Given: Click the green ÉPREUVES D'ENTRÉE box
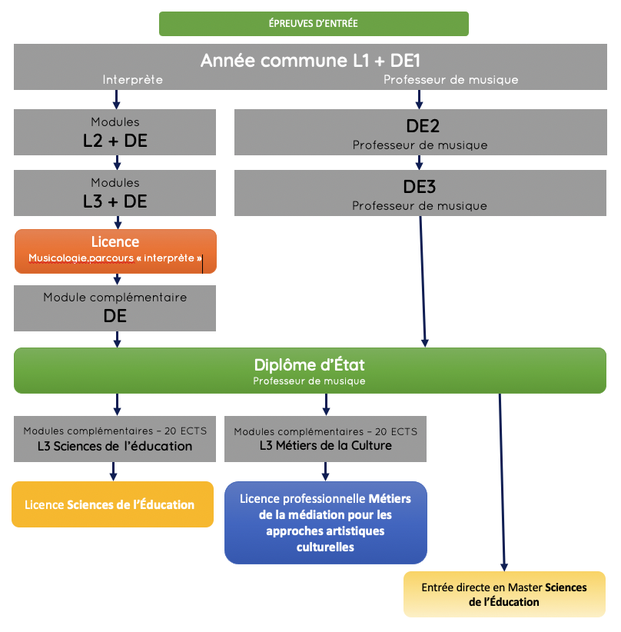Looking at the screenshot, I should click(x=314, y=23).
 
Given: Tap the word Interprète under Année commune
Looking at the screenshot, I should click(x=133, y=80).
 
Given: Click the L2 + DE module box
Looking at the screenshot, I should click(x=115, y=131).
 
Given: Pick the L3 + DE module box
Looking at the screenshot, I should click(x=115, y=192).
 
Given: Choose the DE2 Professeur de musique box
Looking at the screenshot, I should click(x=420, y=131).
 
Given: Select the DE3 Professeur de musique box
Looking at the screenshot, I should click(x=420, y=192).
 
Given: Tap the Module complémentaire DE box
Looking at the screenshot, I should click(x=115, y=308).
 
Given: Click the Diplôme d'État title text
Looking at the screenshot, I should click(x=310, y=364).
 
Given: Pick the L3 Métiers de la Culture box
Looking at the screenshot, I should click(x=325, y=439).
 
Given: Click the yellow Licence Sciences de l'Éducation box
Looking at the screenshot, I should click(x=112, y=504).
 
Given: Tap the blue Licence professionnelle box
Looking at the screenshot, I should click(x=325, y=522).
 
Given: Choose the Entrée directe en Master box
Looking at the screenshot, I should click(x=504, y=594).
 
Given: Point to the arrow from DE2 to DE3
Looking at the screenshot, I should click(x=420, y=162).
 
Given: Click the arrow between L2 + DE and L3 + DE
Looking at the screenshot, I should click(x=117, y=162).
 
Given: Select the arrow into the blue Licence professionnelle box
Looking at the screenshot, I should click(x=326, y=471).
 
